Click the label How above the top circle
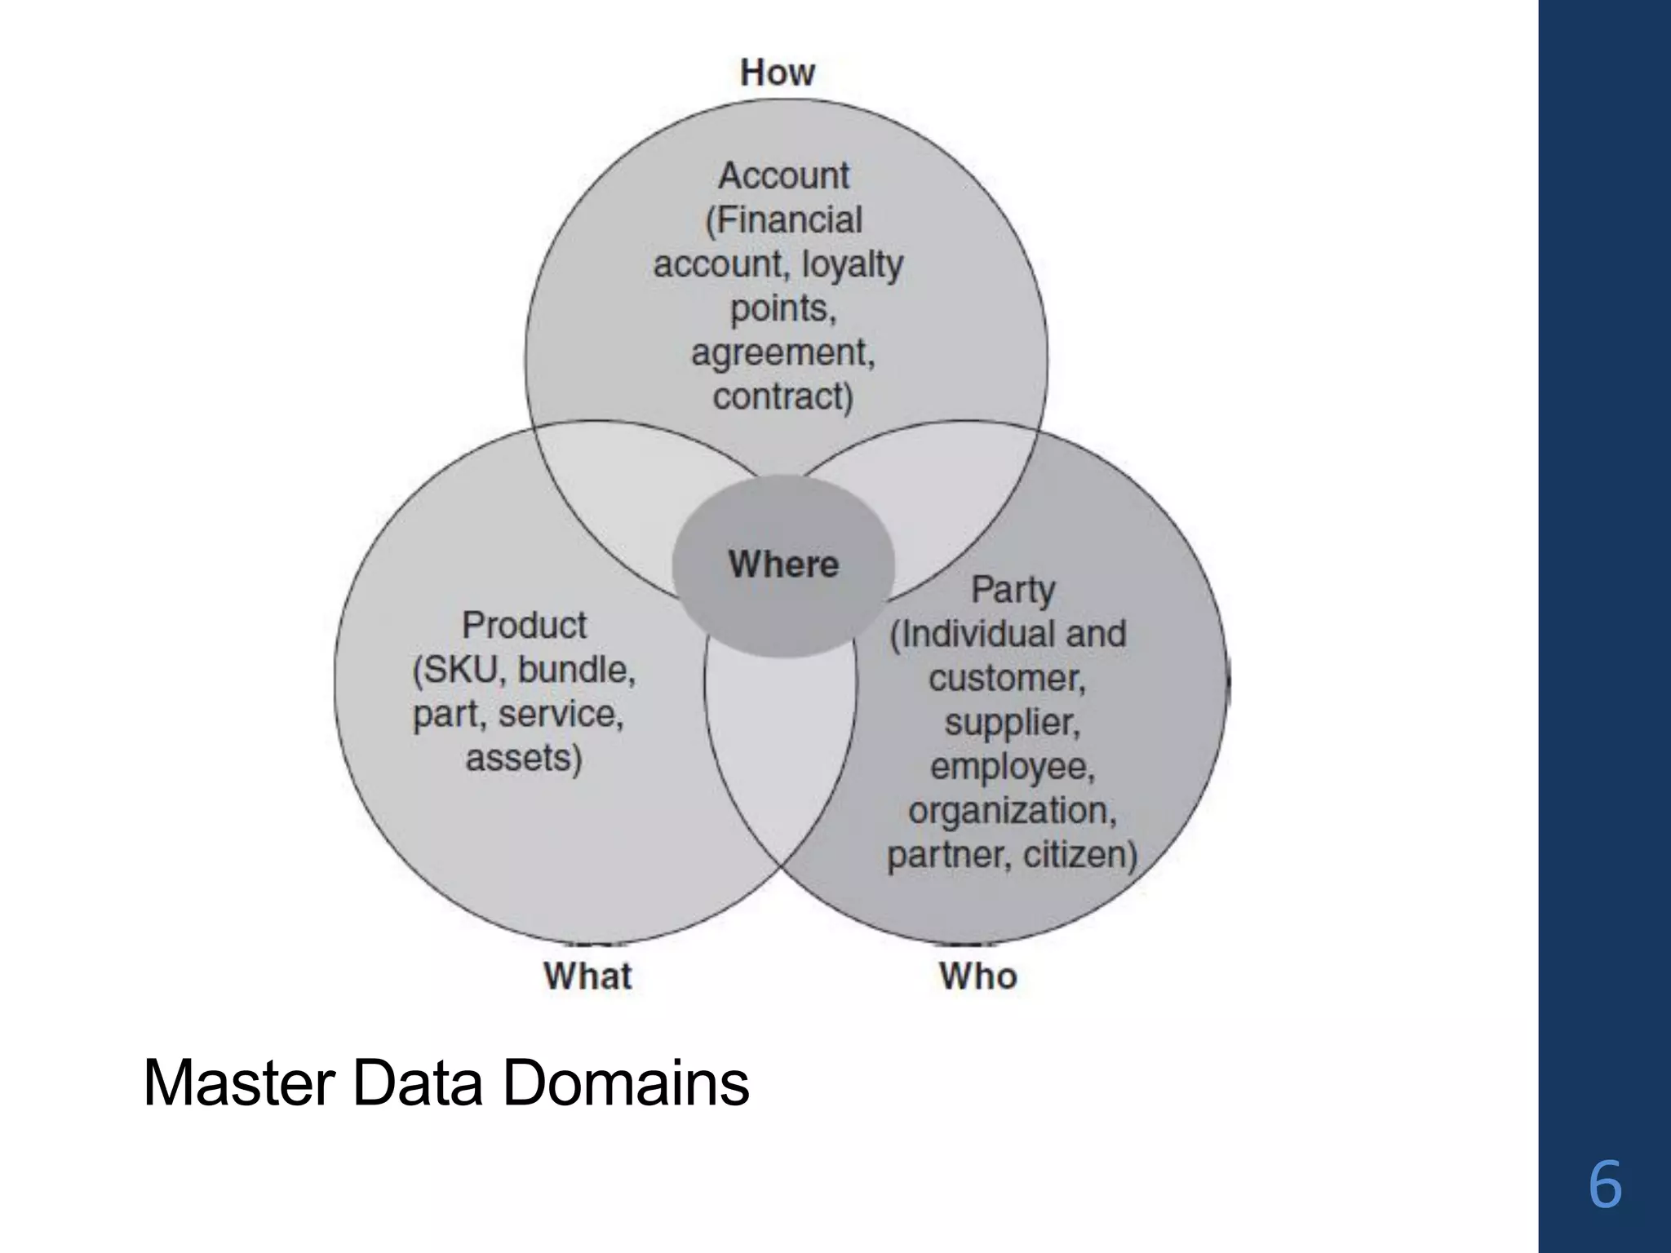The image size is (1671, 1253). pyautogui.click(x=777, y=73)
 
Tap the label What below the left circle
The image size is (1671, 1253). pyautogui.click(x=587, y=976)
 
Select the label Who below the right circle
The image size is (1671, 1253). pyautogui.click(x=977, y=976)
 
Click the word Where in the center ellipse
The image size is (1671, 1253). pyautogui.click(x=783, y=565)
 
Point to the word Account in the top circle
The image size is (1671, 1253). pyautogui.click(x=783, y=175)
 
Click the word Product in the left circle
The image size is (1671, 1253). pyautogui.click(x=524, y=626)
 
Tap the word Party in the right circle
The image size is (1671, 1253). pyautogui.click(x=1013, y=589)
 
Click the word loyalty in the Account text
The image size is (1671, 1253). pyautogui.click(x=853, y=264)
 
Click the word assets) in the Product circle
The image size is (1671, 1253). pyautogui.click(x=524, y=758)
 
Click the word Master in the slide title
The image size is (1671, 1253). pyautogui.click(x=238, y=1083)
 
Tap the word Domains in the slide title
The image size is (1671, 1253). pyautogui.click(x=625, y=1083)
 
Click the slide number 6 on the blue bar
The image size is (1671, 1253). pyautogui.click(x=1604, y=1185)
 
